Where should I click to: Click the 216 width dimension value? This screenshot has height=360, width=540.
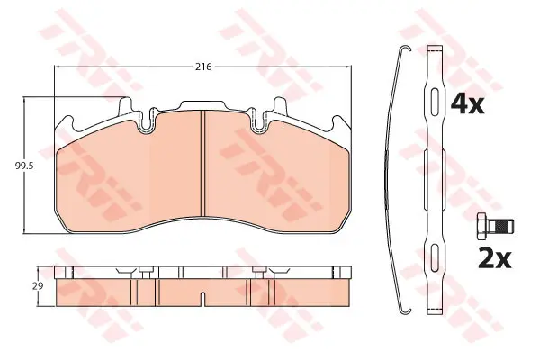click(203, 67)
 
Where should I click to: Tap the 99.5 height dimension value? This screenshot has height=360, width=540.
click(24, 166)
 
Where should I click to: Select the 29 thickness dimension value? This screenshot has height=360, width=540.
click(39, 286)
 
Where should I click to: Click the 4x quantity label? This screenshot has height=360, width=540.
click(467, 104)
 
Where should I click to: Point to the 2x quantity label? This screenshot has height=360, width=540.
click(494, 258)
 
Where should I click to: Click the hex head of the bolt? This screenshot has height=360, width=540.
click(482, 227)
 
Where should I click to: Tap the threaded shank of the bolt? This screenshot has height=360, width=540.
click(501, 227)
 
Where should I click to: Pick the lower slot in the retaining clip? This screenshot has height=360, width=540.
click(436, 256)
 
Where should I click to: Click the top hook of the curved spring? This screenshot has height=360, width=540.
click(405, 49)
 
